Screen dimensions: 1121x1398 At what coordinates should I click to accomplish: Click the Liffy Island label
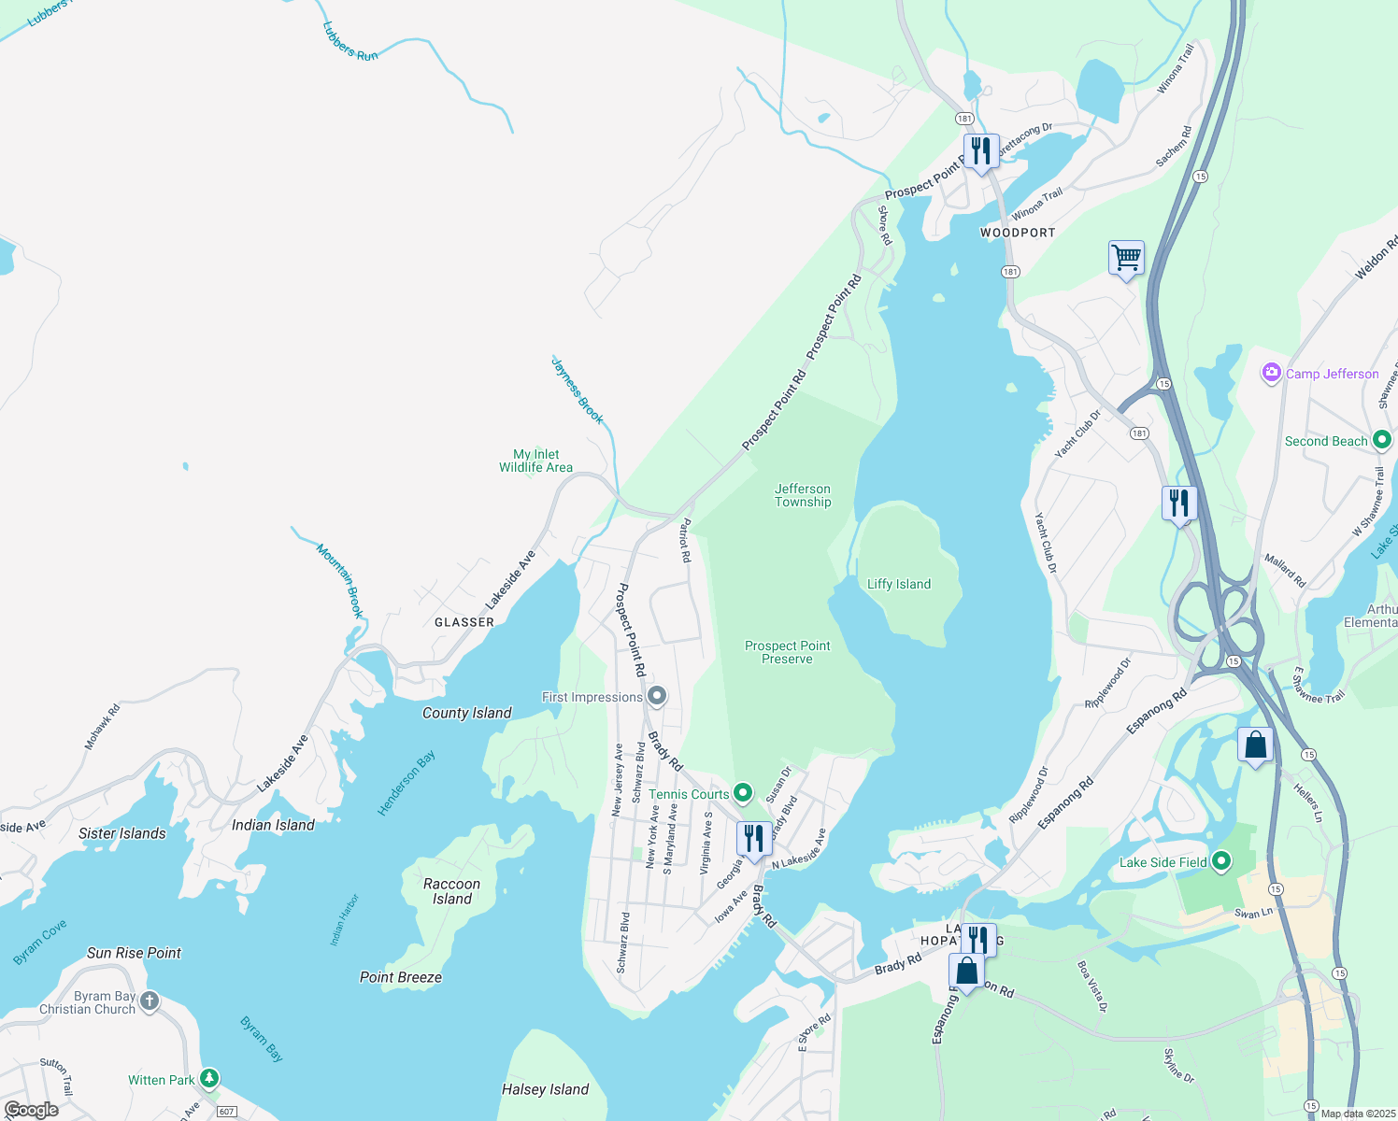(x=899, y=585)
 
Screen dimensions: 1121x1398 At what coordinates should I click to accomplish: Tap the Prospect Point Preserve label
(x=787, y=652)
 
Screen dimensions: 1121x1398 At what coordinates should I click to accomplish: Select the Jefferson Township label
(x=803, y=495)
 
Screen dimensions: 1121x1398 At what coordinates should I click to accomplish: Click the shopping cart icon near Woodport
(x=1126, y=257)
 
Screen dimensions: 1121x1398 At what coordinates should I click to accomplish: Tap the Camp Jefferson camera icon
(x=1271, y=374)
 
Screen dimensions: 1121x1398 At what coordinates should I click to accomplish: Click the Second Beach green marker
(x=1382, y=441)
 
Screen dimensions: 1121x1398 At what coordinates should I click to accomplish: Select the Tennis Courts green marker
(x=743, y=794)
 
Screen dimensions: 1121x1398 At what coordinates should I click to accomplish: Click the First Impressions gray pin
(x=657, y=697)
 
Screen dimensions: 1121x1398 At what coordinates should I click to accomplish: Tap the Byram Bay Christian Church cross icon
(x=150, y=1002)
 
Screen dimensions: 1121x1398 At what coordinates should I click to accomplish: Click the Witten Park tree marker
(x=209, y=1080)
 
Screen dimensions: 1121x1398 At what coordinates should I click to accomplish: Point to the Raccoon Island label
(x=451, y=891)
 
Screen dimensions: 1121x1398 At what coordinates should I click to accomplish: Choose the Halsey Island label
(x=545, y=1089)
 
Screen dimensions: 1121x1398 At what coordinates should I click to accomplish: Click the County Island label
(x=466, y=713)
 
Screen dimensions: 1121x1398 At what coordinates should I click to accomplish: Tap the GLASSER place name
(x=464, y=622)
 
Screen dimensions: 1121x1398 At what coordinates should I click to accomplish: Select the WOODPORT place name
(x=1018, y=233)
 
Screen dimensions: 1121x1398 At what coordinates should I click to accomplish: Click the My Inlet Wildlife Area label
(x=535, y=461)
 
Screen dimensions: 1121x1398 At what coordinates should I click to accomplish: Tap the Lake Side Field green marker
(x=1221, y=862)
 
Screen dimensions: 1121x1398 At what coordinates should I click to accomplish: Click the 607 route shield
(x=226, y=1112)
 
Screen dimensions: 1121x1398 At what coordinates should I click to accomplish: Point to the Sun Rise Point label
(x=134, y=953)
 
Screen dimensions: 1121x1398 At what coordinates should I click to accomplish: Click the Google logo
(x=32, y=1110)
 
